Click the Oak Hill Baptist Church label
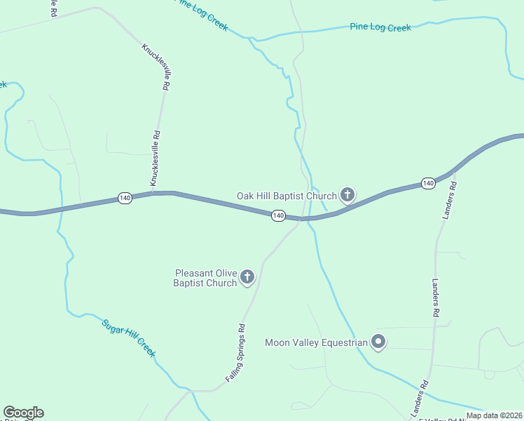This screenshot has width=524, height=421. tap(287, 196)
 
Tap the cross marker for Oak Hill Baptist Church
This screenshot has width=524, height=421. tap(347, 194)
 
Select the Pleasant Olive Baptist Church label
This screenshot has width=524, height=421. tap(205, 278)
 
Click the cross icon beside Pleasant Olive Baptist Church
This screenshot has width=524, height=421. tap(247, 277)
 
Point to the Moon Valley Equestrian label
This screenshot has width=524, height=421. tap(316, 343)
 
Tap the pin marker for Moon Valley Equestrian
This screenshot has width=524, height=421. tap(378, 342)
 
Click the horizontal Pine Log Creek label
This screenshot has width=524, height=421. tap(380, 27)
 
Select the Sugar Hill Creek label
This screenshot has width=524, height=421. tap(129, 338)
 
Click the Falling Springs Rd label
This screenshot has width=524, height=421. tap(235, 352)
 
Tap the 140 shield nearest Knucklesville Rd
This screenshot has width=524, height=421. tap(125, 198)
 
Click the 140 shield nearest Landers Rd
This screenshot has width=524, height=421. tap(428, 183)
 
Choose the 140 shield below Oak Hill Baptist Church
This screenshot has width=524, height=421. tap(278, 215)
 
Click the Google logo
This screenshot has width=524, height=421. tap(23, 413)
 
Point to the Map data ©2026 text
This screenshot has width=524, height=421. tap(494, 415)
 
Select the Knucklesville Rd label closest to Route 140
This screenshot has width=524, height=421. tap(156, 156)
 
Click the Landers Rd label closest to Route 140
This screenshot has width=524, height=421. tap(450, 201)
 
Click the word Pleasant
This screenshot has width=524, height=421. tap(195, 273)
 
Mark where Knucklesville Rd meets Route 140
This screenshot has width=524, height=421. tap(152, 193)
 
